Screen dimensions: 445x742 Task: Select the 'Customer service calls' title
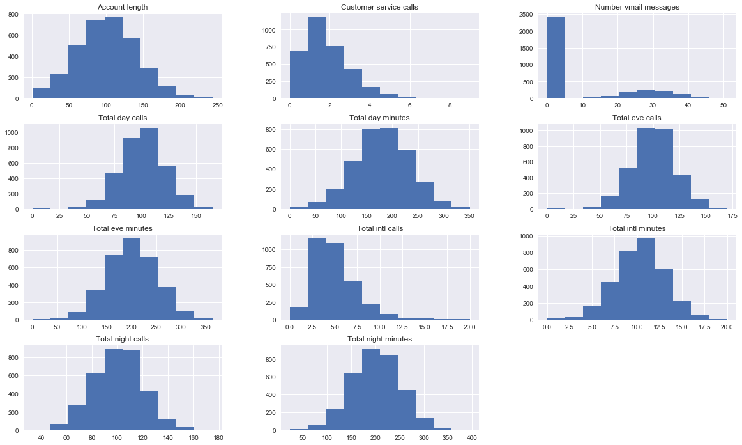click(379, 7)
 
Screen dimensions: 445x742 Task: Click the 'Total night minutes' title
click(379, 338)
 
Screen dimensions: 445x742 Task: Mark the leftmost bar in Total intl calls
click(299, 313)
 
